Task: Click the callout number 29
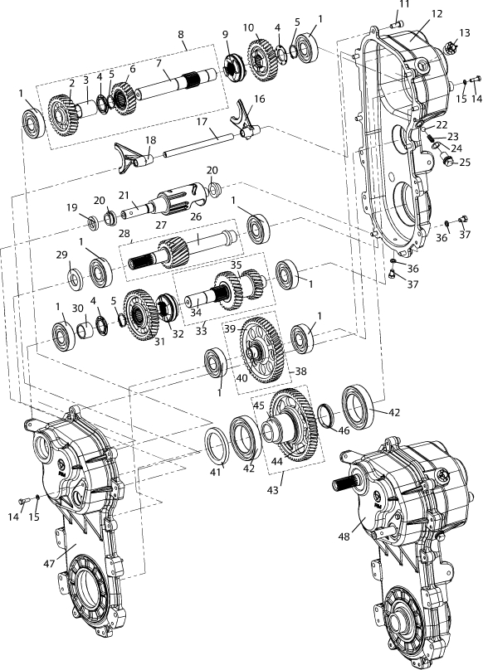pos(61,255)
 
